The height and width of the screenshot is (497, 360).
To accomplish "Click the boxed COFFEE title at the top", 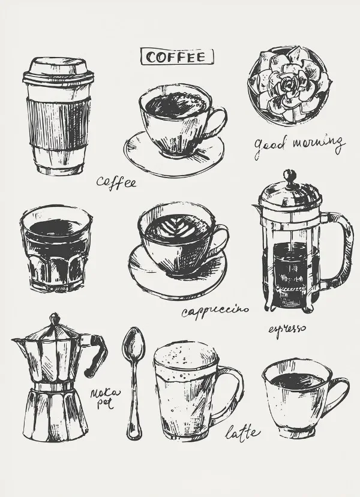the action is pyautogui.click(x=177, y=57).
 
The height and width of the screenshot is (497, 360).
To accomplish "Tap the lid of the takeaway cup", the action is pyautogui.click(x=58, y=73).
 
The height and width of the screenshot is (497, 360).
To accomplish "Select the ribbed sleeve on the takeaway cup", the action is pyautogui.click(x=58, y=122).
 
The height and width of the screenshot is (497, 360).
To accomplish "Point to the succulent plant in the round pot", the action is pyautogui.click(x=289, y=85).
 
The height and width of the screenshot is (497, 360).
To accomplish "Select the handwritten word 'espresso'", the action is pyautogui.click(x=287, y=329).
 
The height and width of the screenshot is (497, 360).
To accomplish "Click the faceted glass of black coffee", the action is pyautogui.click(x=56, y=248).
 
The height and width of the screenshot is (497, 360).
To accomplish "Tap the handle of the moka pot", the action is pyautogui.click(x=97, y=353).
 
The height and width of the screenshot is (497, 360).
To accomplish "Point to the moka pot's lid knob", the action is pyautogui.click(x=55, y=318).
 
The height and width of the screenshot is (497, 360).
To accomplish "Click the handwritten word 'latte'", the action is pyautogui.click(x=242, y=432).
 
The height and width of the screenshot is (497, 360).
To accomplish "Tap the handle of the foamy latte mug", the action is pyautogui.click(x=230, y=394).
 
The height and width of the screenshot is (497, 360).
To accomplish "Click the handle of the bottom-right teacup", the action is pyautogui.click(x=340, y=393).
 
